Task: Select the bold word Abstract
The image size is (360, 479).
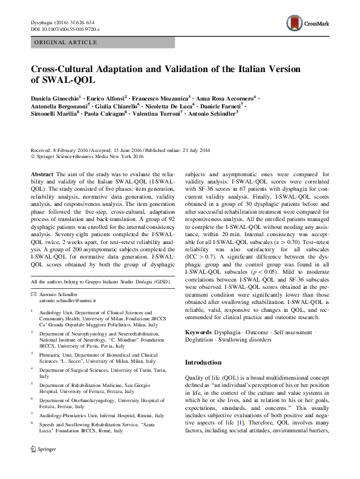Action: pyautogui.click(x=42, y=173)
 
